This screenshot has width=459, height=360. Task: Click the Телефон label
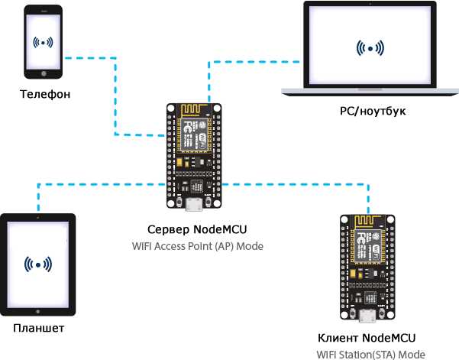[45, 94]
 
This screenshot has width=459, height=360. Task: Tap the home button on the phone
[44, 73]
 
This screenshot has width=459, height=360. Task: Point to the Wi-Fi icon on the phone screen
[43, 43]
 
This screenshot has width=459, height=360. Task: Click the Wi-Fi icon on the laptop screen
[370, 48]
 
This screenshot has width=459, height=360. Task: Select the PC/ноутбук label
[373, 112]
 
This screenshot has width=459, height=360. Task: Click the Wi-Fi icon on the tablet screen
[38, 264]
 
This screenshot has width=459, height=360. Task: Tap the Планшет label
[39, 328]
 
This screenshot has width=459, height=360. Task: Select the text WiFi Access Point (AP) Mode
[198, 246]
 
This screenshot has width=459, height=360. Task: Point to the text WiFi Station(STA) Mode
[371, 355]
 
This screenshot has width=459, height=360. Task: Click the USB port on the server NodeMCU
[194, 205]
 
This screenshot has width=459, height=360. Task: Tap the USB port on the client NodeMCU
[367, 316]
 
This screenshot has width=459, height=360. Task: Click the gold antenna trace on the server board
[192, 110]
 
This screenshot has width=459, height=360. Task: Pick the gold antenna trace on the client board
[365, 222]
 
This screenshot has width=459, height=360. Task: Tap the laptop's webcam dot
[370, 4]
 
